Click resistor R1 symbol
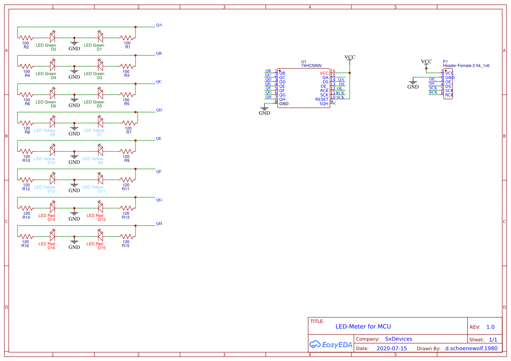click(x=127, y=38)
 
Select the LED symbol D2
click(x=52, y=38)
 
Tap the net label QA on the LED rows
click(x=159, y=25)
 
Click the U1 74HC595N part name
click(x=311, y=65)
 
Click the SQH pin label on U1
click(x=323, y=104)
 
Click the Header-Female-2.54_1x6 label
click(x=466, y=65)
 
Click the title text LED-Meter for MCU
click(x=363, y=327)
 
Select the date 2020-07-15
click(x=392, y=348)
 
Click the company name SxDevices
click(x=398, y=339)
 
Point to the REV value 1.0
click(x=490, y=327)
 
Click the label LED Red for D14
click(x=47, y=216)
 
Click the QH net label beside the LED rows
click(x=159, y=223)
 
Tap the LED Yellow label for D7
click(x=94, y=131)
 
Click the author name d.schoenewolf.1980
click(x=471, y=348)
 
